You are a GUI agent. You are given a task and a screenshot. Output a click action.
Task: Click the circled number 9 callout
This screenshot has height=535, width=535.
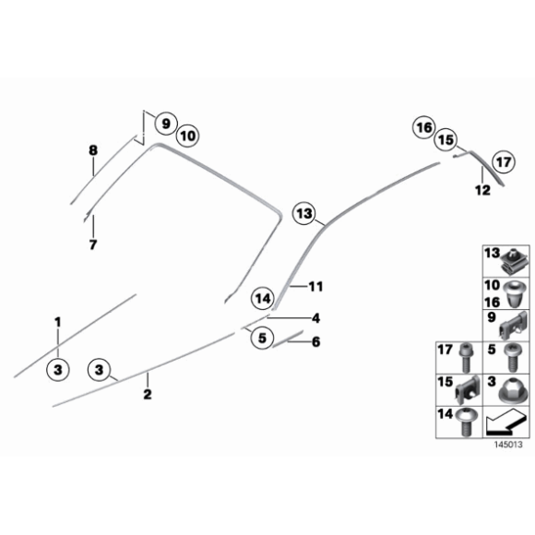pyautogui.click(x=165, y=123)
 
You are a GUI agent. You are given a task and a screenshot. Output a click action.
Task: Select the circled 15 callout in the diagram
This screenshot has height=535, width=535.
pyautogui.click(x=446, y=140)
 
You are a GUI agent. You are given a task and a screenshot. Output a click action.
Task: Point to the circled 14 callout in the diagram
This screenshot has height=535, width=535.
pyautogui.click(x=264, y=298)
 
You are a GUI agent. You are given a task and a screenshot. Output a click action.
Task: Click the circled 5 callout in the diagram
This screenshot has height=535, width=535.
pyautogui.click(x=262, y=339)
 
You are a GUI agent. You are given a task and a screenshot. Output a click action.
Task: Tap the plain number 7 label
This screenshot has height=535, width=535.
pyautogui.click(x=92, y=245)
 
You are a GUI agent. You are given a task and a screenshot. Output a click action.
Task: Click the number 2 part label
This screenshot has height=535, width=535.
pyautogui.click(x=147, y=395)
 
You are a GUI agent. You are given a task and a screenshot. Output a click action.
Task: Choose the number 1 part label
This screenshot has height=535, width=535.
pyautogui.click(x=57, y=322)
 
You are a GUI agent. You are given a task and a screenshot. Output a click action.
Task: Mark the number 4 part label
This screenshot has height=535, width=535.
pyautogui.click(x=315, y=318)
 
